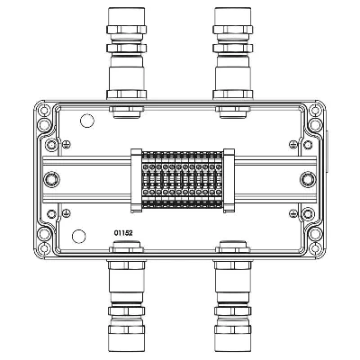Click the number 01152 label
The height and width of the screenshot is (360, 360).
(x=123, y=233)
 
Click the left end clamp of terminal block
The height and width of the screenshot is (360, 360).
(x=136, y=181)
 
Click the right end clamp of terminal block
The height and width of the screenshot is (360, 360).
(x=229, y=181)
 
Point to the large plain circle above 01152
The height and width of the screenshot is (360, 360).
(x=79, y=236)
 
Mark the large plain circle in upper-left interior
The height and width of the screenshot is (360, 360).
(x=87, y=121)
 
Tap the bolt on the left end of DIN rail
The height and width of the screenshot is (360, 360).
(x=51, y=180)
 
